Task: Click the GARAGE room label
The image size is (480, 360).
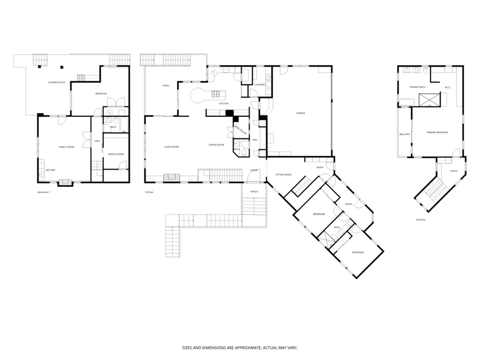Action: point(301,113)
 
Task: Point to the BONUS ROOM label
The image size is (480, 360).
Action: point(116,154)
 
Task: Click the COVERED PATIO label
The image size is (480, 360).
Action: point(57,83)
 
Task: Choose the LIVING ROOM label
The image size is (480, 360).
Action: point(171,147)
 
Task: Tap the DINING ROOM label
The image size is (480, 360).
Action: point(216,145)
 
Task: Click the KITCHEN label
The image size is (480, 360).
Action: point(224,103)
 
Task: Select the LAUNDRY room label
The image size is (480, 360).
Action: point(260,85)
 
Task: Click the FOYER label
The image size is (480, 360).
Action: point(254,170)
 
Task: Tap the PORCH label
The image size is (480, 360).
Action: point(254,191)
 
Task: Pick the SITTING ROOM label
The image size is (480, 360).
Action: point(283,174)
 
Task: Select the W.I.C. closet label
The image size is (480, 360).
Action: point(449,87)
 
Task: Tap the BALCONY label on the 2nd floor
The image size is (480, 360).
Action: point(404,134)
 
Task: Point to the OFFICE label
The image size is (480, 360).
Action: point(454,171)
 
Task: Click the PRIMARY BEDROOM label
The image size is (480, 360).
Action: point(437,132)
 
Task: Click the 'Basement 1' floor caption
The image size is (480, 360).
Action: point(44,192)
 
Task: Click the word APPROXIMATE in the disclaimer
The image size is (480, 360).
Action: point(242,347)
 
